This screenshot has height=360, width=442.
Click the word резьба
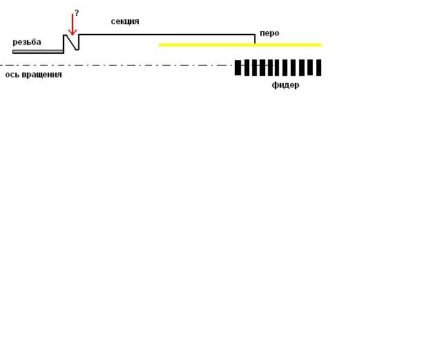coord(27,42)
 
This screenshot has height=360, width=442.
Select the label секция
coord(125,21)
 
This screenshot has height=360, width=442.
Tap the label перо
coord(269,33)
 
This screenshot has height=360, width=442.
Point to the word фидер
coord(285,85)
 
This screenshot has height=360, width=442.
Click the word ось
coord(14,75)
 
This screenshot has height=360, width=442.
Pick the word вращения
coord(43,75)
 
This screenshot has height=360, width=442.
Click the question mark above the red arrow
coord(77,12)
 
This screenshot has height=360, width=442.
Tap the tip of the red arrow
coord(73,35)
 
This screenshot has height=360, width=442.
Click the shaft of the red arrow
coord(73,22)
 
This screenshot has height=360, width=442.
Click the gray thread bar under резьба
coord(38,52)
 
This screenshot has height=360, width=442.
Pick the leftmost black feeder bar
coord(238,68)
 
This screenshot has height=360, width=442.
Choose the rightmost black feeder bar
coord(319,68)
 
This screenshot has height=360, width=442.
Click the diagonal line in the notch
coord(72,42)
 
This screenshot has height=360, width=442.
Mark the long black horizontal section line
coord(166,35)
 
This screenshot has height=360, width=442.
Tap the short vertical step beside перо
coord(255,39)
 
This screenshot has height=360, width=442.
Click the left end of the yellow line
coord(160,45)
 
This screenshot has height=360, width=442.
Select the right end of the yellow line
coord(320,45)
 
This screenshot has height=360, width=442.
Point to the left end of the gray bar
coord(14,52)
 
